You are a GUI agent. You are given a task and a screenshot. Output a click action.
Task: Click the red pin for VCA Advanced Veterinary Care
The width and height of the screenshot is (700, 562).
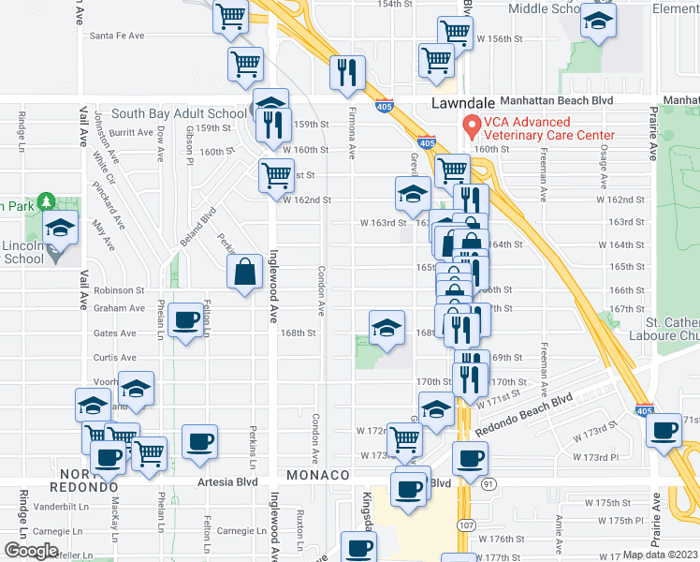click(x=472, y=126)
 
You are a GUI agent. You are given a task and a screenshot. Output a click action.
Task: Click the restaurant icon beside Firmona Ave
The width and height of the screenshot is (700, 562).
click(x=347, y=72)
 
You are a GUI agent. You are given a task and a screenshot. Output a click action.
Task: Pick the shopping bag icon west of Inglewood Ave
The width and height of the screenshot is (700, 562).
click(x=244, y=272)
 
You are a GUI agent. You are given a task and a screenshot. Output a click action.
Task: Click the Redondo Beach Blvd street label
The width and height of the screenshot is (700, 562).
click(x=523, y=414)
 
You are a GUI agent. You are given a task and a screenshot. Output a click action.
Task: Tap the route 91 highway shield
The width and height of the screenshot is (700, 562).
click(x=489, y=483)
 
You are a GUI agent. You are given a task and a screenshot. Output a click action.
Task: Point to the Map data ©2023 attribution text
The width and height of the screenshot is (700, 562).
click(x=660, y=555)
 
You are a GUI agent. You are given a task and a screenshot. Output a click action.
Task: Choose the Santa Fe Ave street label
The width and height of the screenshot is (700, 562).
click(x=116, y=36)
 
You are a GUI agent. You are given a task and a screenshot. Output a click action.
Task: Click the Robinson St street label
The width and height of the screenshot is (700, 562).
click(x=119, y=291)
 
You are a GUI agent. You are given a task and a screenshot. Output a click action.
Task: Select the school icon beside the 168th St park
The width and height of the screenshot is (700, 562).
click(x=386, y=327)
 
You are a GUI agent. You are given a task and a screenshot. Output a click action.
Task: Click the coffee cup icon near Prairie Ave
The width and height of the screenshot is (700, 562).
click(x=665, y=431)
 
